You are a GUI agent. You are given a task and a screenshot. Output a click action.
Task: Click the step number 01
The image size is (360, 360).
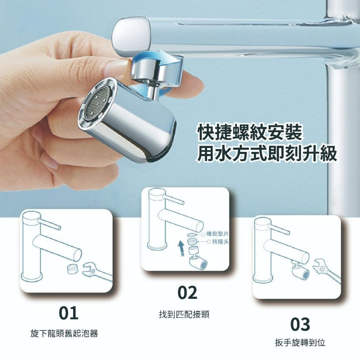(x=68, y=313)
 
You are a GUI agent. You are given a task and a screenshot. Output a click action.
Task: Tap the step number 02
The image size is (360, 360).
(x=188, y=293)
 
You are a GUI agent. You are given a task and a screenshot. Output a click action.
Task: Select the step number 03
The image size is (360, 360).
(x=300, y=324)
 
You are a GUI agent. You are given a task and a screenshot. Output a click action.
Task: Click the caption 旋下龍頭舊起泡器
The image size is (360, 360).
(x=64, y=334)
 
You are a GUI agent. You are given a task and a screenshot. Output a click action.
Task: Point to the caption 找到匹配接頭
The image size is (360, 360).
(x=184, y=315)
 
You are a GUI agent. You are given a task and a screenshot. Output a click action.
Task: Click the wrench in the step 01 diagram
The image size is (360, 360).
(x=95, y=272)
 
